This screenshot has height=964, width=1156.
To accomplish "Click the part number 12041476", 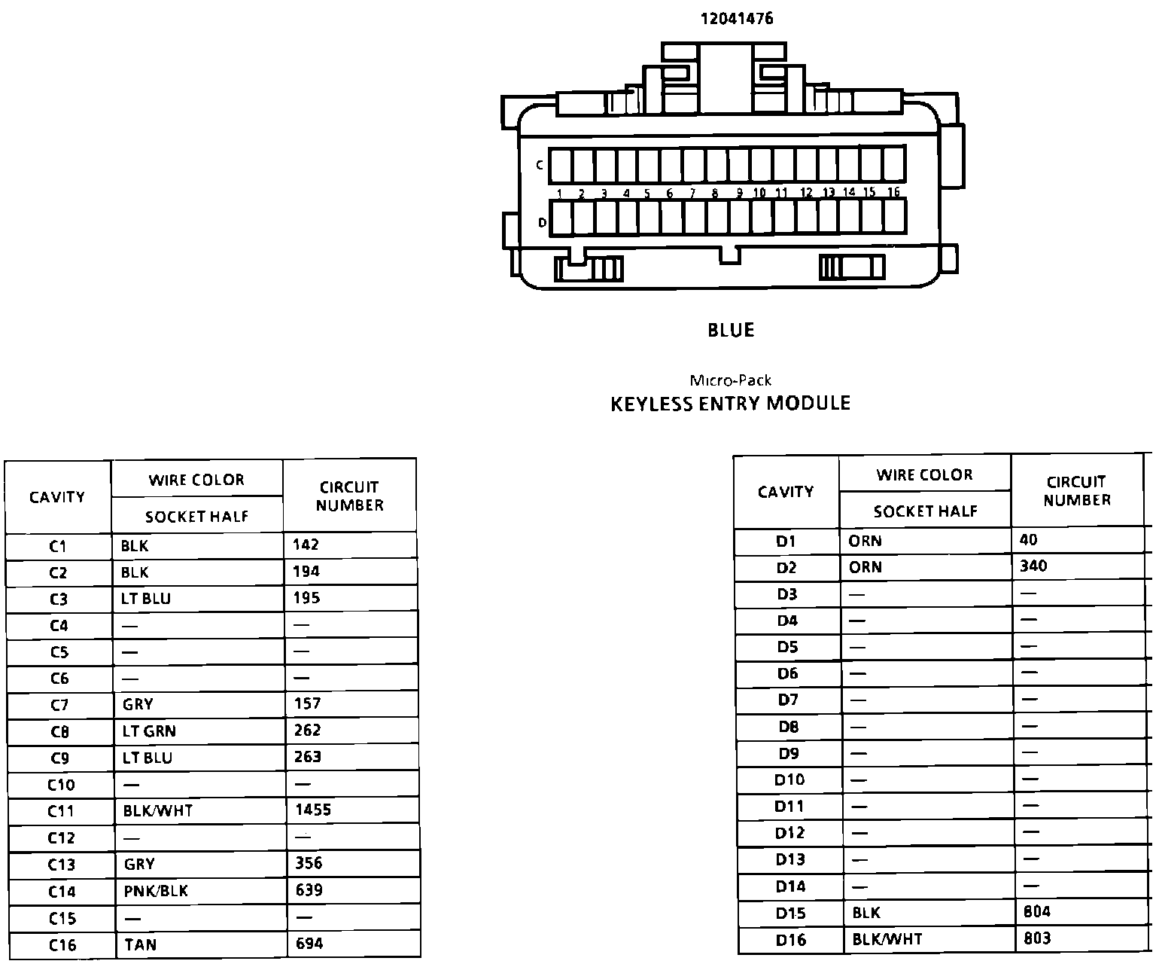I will [737, 19].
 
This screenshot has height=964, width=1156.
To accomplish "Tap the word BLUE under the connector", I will [731, 330].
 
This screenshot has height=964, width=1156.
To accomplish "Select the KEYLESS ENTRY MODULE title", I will [730, 404].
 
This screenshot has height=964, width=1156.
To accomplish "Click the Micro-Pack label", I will [730, 380].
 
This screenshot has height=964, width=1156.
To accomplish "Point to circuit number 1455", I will [313, 810].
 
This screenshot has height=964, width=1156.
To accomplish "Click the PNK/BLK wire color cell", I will [156, 891].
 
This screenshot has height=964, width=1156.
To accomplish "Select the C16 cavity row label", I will [62, 945].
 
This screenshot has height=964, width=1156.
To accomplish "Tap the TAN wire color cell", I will [141, 944].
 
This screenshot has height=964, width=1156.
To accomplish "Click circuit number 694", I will [309, 943].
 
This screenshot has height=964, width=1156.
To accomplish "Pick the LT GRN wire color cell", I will [149, 731].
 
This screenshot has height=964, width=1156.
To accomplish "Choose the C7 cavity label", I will [59, 705].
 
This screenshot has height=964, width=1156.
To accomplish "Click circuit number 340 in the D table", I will [1033, 566].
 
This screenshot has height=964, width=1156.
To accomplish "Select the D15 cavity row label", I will [790, 914].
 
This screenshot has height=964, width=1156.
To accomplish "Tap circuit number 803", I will [1037, 938].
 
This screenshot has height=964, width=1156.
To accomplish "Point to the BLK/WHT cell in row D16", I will [887, 939].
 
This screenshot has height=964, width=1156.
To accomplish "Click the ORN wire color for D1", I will [865, 541].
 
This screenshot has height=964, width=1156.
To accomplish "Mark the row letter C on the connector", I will [540, 165].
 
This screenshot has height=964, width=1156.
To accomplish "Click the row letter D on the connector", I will [542, 223].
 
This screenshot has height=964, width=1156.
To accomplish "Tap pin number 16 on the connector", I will [893, 193].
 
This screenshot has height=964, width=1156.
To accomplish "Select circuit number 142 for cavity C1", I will [306, 545].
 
